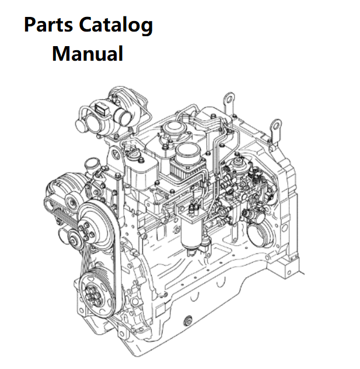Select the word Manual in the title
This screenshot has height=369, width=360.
coord(87,54)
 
